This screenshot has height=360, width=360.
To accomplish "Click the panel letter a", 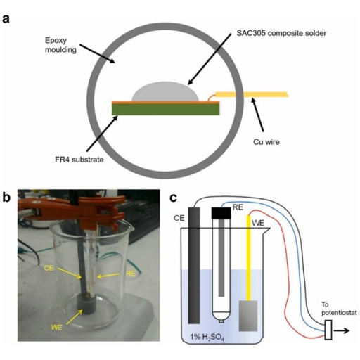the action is click(6, 18).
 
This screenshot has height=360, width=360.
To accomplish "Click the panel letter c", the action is click(173, 198).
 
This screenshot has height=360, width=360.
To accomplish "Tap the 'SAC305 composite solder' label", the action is click(281, 33).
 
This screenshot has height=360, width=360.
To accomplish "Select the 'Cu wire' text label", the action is click(266, 142).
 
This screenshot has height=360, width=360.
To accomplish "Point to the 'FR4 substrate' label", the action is click(79, 160).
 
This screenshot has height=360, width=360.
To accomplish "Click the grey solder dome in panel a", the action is click(165, 92).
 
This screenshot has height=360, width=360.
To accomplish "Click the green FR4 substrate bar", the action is click(166, 110).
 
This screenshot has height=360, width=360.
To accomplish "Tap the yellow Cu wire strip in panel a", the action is click(252, 94).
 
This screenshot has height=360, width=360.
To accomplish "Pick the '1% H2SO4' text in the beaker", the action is click(207, 337).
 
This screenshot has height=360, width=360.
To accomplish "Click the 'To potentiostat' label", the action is click(339, 309).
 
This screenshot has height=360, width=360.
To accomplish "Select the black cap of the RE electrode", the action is click(221, 213).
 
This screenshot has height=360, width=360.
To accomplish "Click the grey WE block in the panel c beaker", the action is click(248, 316).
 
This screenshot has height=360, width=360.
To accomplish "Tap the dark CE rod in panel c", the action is click(194, 266).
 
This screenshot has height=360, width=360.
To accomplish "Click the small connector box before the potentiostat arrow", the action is click(328, 330).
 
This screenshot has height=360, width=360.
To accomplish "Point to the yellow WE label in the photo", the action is click(56, 327).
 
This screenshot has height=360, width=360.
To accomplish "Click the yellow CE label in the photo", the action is click(49, 268).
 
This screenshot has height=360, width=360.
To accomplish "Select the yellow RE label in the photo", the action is click(131, 274).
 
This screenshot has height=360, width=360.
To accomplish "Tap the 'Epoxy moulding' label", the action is click(60, 45).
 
